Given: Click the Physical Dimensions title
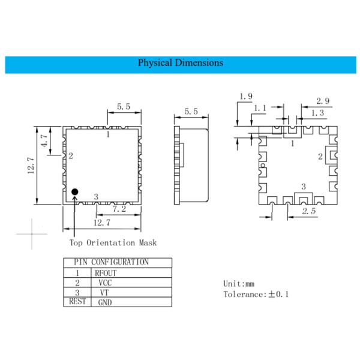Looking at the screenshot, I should click(181, 63).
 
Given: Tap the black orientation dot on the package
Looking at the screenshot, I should click(75, 192).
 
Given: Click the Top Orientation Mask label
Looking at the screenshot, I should click(113, 242).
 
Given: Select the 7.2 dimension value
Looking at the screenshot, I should click(119, 209).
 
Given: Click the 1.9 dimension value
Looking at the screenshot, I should click(245, 96).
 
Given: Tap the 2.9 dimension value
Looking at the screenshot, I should click(323, 101).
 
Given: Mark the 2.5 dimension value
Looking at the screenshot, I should click(308, 212).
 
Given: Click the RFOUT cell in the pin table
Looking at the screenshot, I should click(106, 272).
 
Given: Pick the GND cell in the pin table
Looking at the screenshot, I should click(104, 302).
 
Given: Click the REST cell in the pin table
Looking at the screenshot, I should click(78, 302).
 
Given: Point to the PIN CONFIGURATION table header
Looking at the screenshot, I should click(111, 262).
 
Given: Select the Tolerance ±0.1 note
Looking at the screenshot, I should click(256, 294).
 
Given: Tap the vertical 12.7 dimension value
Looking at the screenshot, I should click(31, 162).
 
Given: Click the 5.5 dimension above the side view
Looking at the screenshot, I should click(191, 112).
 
